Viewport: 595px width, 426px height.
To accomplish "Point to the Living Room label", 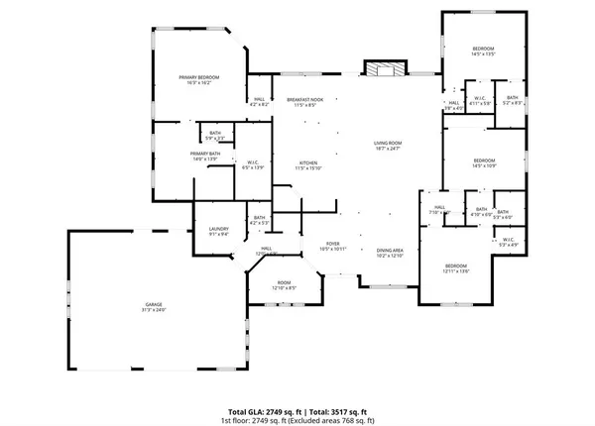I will [x=386, y=146].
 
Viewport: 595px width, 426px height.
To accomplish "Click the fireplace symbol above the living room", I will [x=384, y=69].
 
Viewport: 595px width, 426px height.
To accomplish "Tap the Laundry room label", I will [x=218, y=232].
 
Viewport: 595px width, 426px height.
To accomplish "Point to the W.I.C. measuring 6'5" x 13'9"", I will [x=253, y=164].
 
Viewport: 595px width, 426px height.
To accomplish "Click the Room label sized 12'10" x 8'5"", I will [x=284, y=286].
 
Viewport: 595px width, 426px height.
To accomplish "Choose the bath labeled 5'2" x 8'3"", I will [x=512, y=99].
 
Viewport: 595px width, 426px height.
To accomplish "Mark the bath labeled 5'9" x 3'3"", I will [x=215, y=135].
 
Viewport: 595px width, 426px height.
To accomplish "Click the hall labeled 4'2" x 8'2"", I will [x=259, y=102].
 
